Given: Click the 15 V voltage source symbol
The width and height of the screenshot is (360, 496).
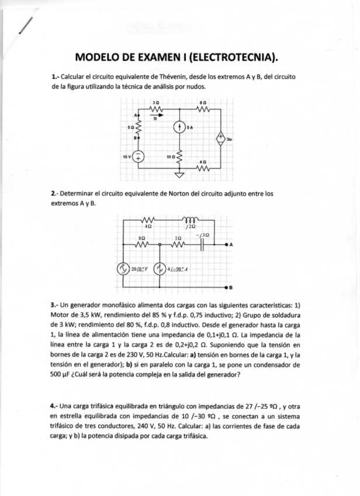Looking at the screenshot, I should [x=139, y=156].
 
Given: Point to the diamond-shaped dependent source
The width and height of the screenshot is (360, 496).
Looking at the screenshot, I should [x=220, y=139].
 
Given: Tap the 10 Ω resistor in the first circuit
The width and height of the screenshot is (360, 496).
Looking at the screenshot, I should [x=179, y=156].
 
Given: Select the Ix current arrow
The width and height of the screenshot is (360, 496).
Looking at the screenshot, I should [x=154, y=115].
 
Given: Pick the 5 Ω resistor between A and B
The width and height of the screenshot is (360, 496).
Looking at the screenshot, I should [x=139, y=126].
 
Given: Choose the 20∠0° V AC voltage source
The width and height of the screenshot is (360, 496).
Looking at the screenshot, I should [x=123, y=269].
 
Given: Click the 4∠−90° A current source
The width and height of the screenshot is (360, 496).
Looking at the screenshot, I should [x=160, y=269].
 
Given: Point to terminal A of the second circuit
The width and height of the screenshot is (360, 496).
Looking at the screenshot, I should [x=227, y=244].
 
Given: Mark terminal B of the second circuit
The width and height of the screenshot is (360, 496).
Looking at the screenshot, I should [x=227, y=288].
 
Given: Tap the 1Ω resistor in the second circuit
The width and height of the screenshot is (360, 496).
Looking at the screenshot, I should [x=179, y=244].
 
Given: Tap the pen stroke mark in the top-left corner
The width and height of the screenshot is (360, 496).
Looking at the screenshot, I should [x=25, y=26].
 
